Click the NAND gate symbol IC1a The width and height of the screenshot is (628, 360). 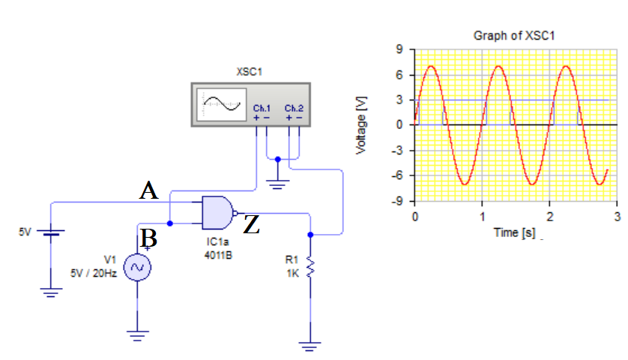218,213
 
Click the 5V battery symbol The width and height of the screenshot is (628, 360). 50,232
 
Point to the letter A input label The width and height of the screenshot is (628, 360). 149,192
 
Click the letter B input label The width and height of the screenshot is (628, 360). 149,239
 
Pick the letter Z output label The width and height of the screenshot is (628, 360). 252,225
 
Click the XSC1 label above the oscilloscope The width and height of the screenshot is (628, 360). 250,73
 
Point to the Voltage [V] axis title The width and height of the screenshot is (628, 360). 363,126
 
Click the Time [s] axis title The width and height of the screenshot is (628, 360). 514,232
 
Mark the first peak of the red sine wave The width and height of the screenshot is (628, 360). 431,66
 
